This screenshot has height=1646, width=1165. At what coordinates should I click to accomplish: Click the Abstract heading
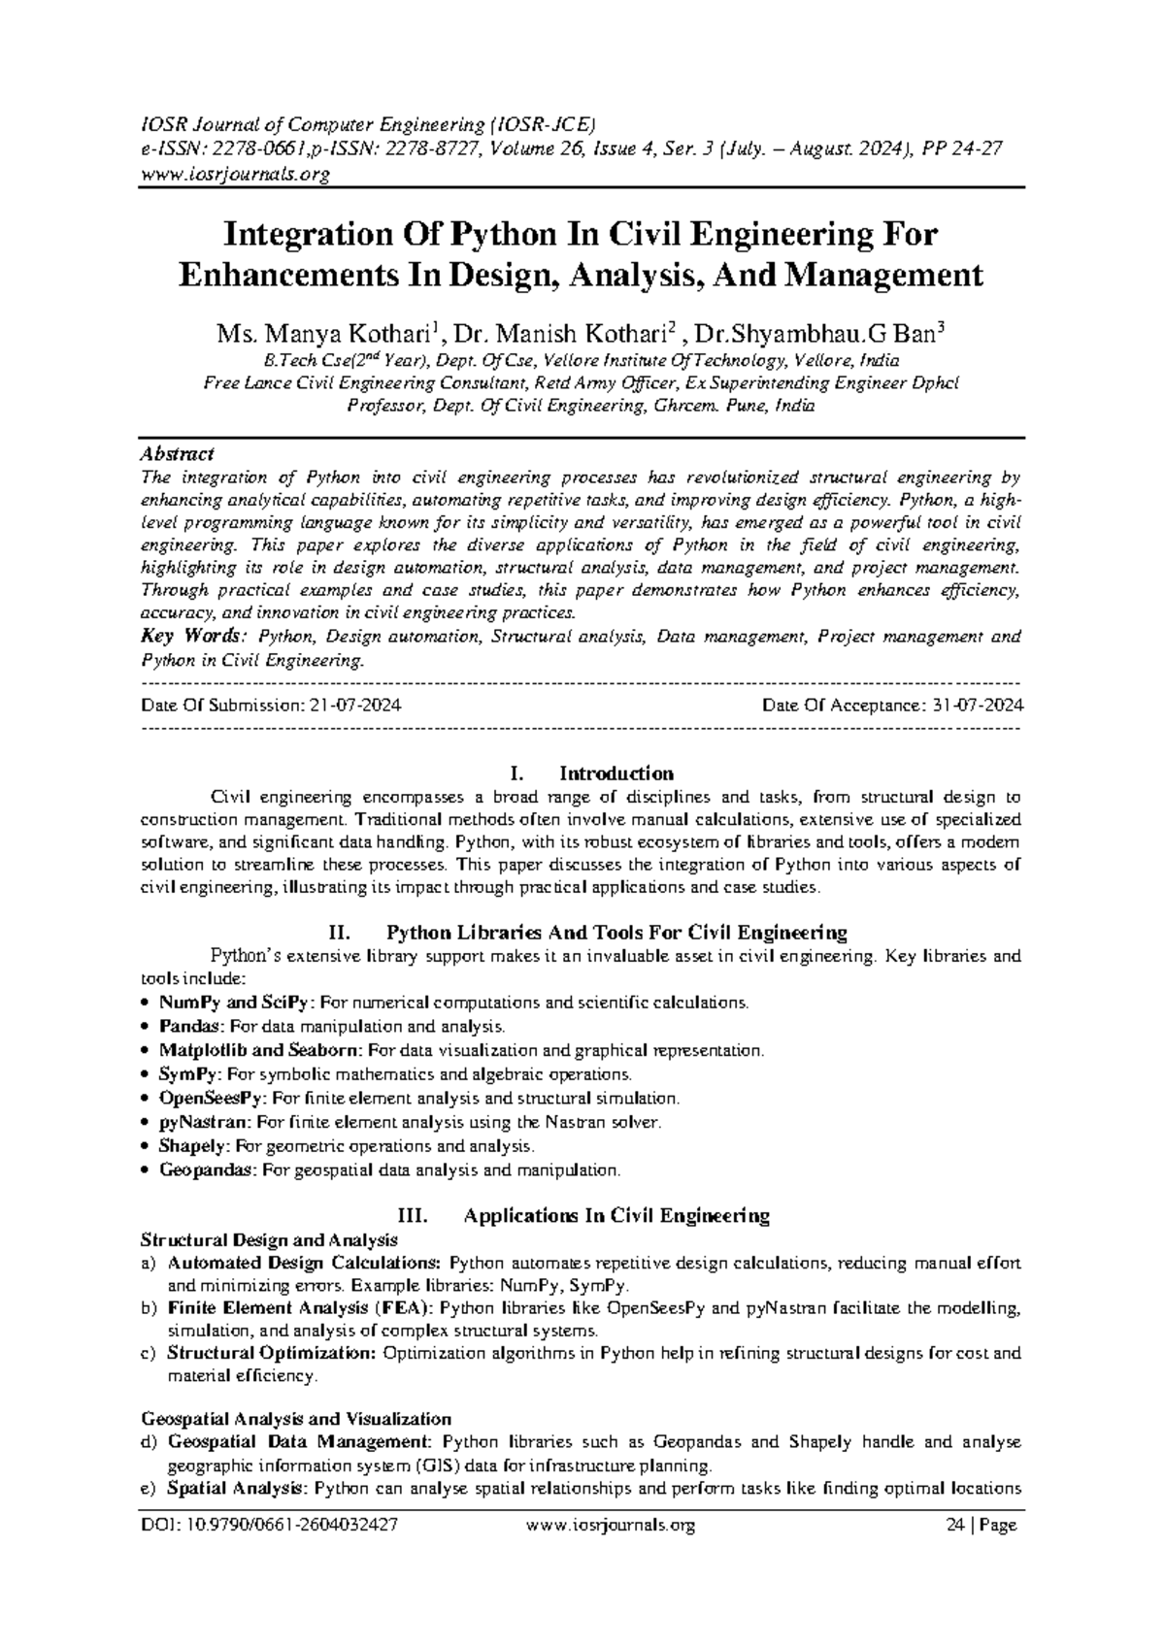178,453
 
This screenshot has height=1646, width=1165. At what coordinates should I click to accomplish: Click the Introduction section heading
616,774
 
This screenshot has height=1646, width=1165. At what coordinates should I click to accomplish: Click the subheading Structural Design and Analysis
269,1240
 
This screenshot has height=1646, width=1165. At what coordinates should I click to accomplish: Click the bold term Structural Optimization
271,1353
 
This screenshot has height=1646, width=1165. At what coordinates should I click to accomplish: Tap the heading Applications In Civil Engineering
616,1215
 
